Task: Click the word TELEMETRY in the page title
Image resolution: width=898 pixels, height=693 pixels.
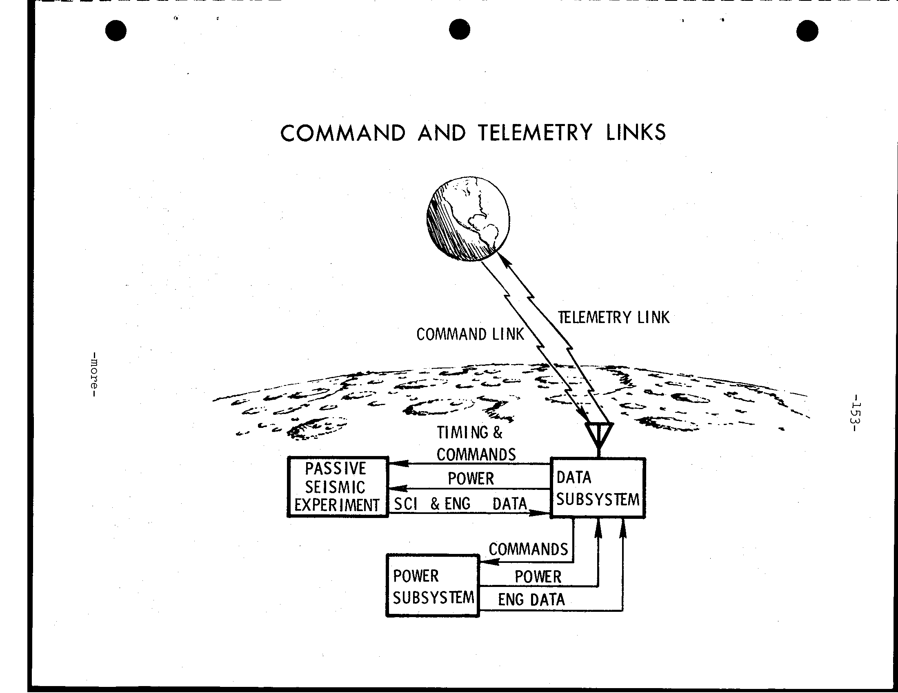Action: (535, 133)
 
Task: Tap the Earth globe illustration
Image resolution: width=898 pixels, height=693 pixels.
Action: (468, 219)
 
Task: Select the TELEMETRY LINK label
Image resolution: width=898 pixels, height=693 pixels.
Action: (613, 317)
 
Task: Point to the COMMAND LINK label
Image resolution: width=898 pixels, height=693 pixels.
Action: (470, 334)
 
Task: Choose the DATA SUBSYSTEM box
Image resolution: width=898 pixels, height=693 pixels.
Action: (598, 487)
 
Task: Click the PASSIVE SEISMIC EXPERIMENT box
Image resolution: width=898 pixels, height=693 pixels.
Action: (338, 486)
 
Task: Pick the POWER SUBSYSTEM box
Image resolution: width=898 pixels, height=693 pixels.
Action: (433, 586)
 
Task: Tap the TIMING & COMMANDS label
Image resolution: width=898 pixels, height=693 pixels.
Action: (476, 443)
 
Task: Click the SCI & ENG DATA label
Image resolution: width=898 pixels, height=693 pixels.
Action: (460, 504)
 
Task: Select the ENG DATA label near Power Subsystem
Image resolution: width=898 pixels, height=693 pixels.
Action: (531, 600)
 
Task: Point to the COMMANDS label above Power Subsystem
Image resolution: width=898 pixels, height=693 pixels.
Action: (528, 549)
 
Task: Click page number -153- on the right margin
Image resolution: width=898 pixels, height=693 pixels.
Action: (856, 412)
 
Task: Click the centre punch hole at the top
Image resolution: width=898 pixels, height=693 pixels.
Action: (459, 30)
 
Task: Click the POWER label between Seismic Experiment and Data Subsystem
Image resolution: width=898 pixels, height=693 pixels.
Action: (471, 478)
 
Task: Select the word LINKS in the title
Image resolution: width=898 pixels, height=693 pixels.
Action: (636, 132)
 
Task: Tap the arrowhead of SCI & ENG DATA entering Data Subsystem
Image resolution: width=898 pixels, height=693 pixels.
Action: (540, 513)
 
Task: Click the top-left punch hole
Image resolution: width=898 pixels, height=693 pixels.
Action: (116, 31)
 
